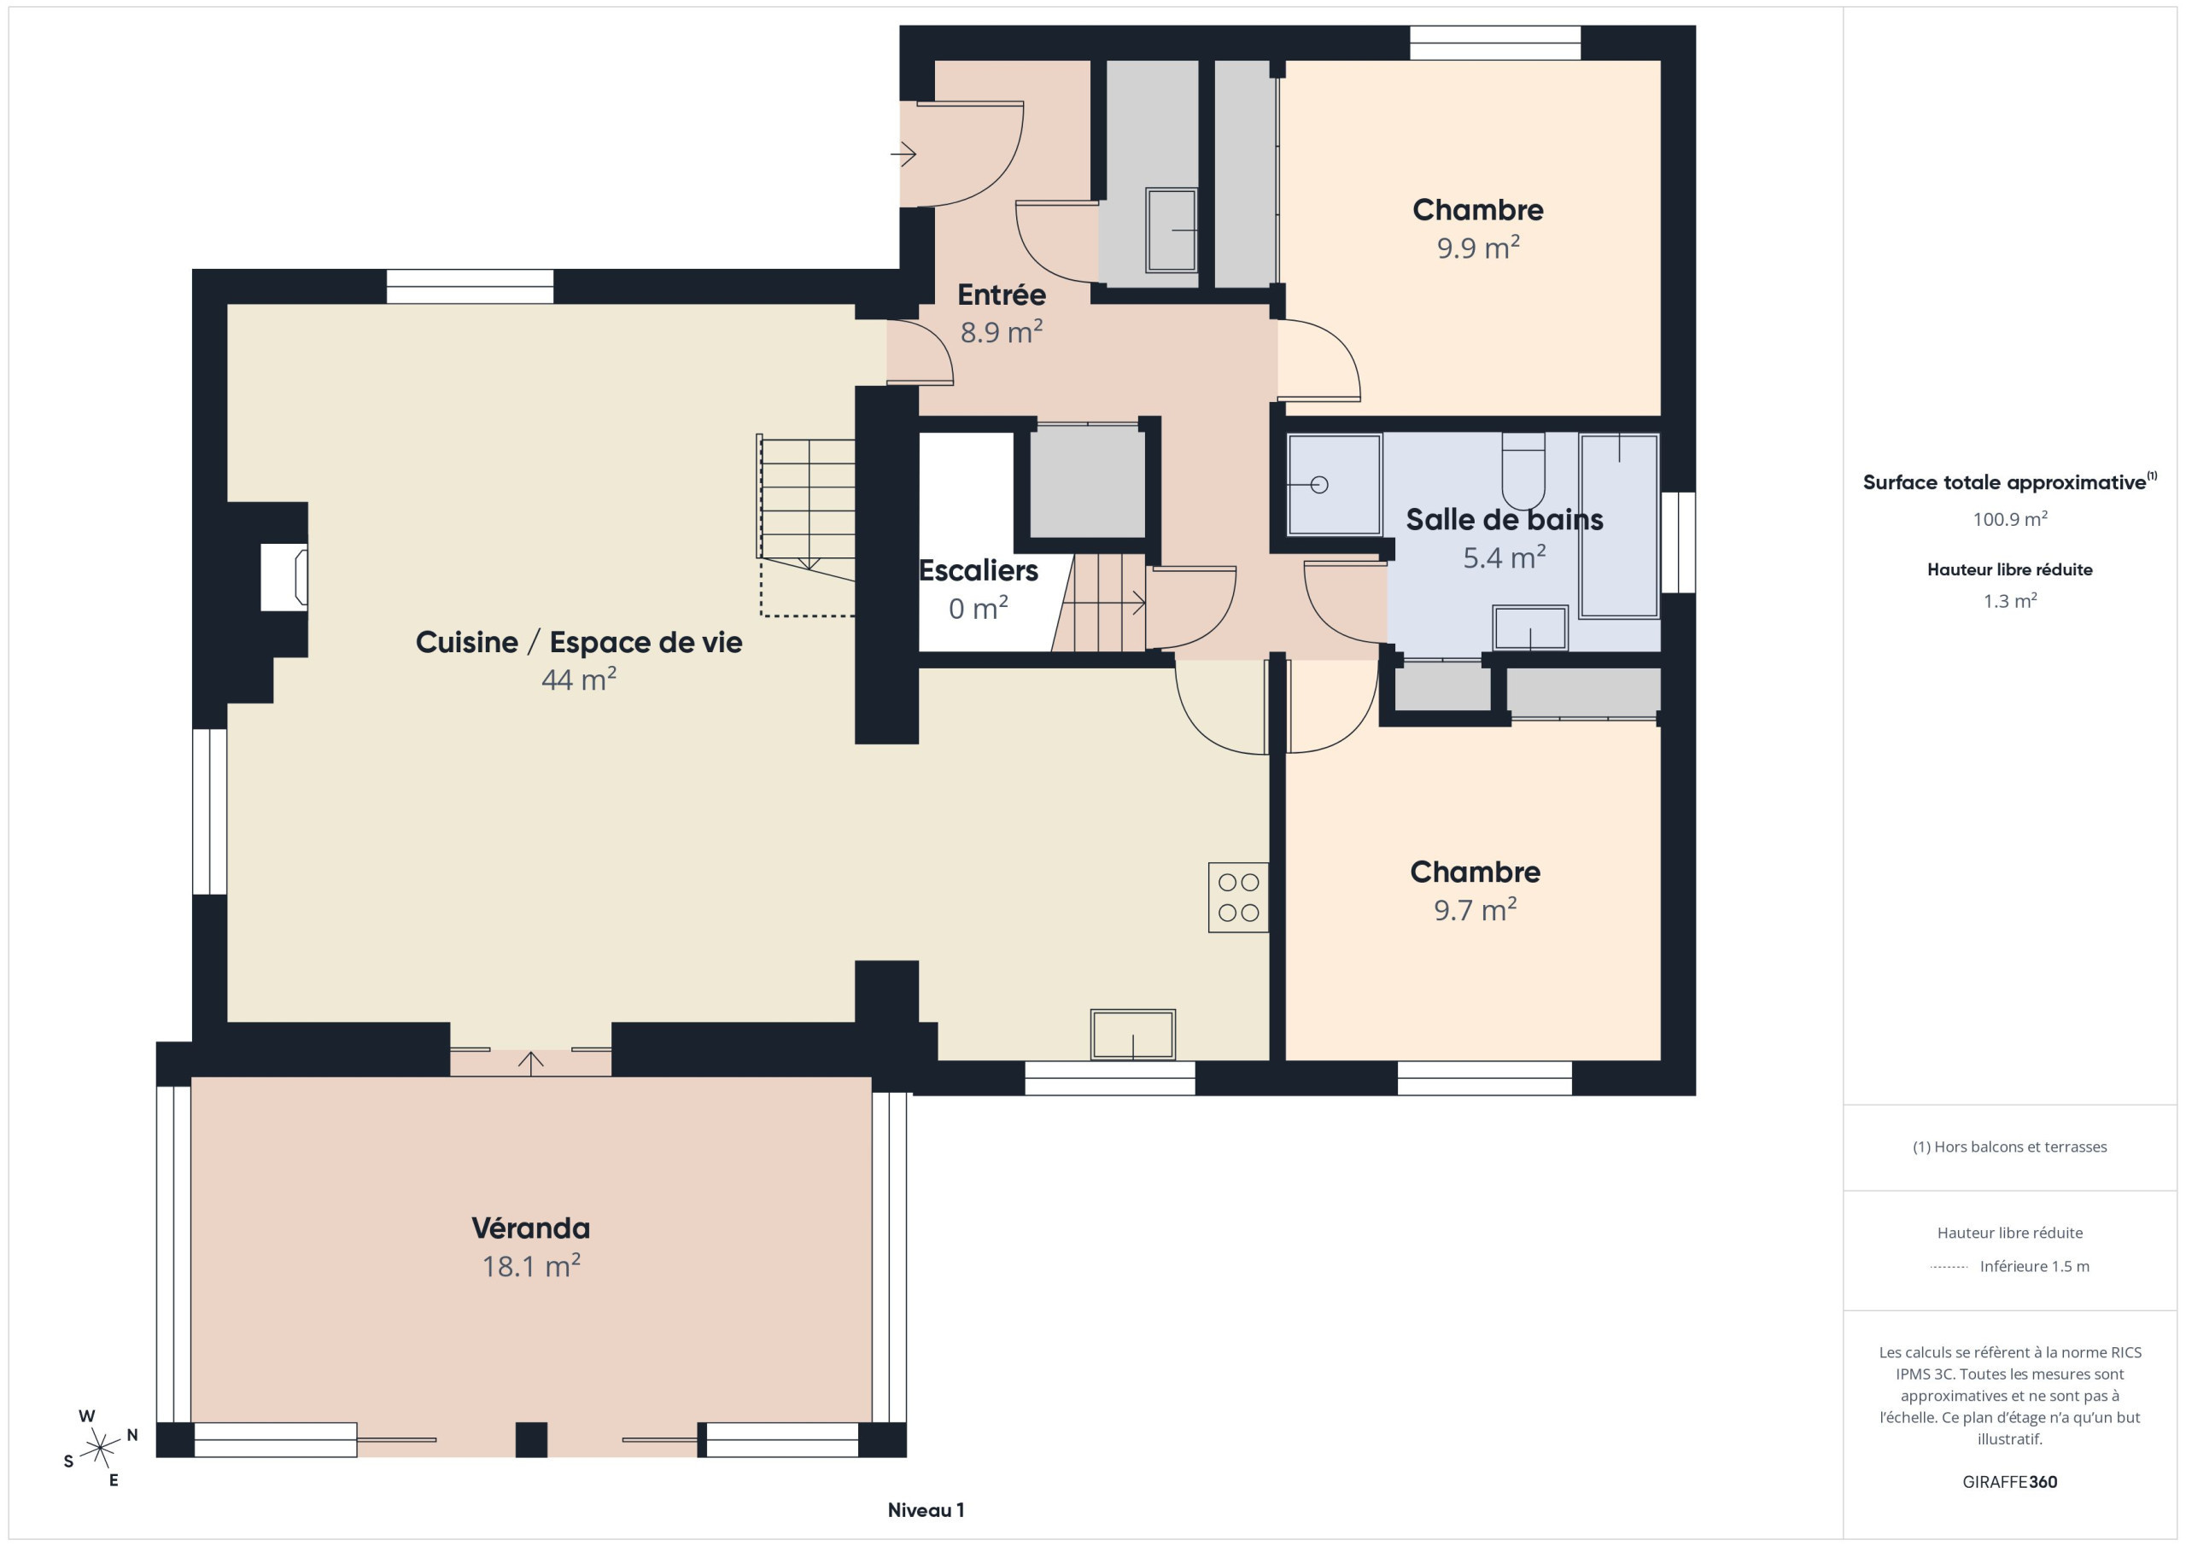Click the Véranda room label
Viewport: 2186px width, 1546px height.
coord(530,1228)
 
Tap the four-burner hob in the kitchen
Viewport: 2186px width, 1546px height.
coord(1237,896)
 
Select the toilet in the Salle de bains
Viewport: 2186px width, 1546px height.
coord(1523,471)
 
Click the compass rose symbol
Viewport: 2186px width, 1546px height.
coord(100,1448)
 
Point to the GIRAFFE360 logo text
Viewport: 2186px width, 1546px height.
coord(2010,1482)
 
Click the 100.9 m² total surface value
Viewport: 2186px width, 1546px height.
coord(2010,519)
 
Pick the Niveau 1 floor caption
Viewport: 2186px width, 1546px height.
coord(926,1510)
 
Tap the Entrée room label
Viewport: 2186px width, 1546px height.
coord(1002,295)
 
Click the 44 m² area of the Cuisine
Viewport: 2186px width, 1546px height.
coord(579,679)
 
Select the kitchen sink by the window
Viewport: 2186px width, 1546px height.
coord(1132,1035)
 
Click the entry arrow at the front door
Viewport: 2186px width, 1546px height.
coord(903,154)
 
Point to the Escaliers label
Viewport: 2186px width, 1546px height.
coord(978,570)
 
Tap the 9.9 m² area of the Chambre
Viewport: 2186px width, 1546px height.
coord(1477,248)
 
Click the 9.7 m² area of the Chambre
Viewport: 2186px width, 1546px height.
coord(1475,909)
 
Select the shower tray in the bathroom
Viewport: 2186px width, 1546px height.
coord(1334,486)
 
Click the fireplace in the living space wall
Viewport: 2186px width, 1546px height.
coord(283,577)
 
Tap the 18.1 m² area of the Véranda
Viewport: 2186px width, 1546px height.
coord(530,1266)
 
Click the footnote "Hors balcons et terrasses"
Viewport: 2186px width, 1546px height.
coord(2010,1147)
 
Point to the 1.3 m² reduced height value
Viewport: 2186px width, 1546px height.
coord(2010,601)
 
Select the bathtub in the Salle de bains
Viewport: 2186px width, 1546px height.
coord(1618,527)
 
